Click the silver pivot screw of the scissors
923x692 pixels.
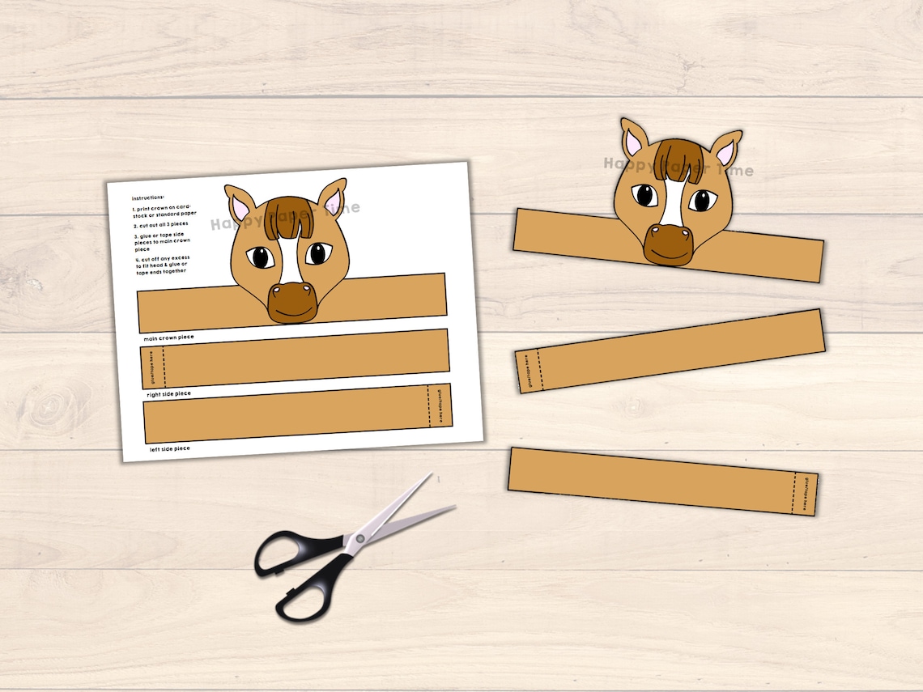coord(356,539)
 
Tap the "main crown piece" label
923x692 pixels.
coord(168,336)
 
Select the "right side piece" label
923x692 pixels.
coord(168,394)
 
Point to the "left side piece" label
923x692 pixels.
coord(169,448)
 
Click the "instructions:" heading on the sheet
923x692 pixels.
coord(148,197)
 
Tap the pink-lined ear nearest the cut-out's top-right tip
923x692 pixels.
coord(725,151)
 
